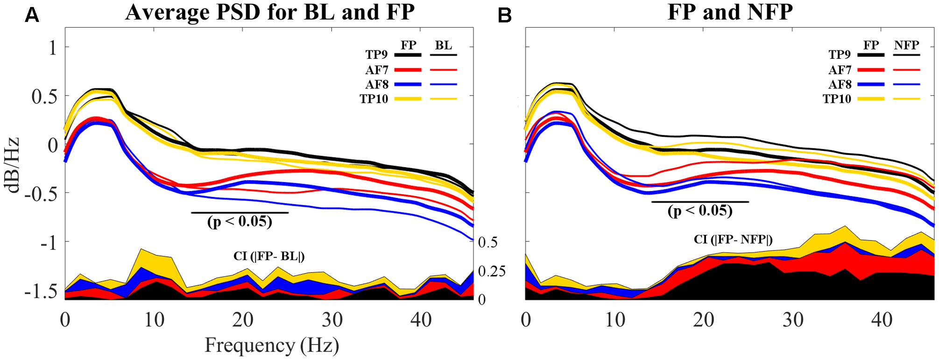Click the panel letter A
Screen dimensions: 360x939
pyautogui.click(x=32, y=15)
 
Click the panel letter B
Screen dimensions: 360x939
pyautogui.click(x=505, y=15)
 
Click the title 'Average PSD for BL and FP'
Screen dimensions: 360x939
pyautogui.click(x=269, y=12)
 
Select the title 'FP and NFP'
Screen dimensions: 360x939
pyautogui.click(x=730, y=12)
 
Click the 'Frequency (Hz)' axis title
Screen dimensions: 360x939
pyautogui.click(x=272, y=346)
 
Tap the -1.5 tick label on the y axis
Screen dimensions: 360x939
pyautogui.click(x=41, y=291)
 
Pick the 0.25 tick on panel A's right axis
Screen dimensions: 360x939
pyautogui.click(x=492, y=271)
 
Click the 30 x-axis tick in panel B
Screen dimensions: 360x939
pyautogui.click(x=793, y=320)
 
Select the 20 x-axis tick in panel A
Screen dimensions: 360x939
pyautogui.click(x=243, y=320)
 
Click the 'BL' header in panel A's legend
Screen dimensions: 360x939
pyautogui.click(x=443, y=45)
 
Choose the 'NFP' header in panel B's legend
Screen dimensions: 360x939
pyautogui.click(x=906, y=45)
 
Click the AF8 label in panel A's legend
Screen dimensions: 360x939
pyautogui.click(x=377, y=85)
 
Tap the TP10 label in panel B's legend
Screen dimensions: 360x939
pyautogui.click(x=837, y=99)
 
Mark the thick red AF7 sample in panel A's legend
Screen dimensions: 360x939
pyautogui.click(x=408, y=70)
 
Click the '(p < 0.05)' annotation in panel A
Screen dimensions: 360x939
pyautogui.click(x=240, y=221)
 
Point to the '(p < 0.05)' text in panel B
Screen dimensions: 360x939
pyautogui.click(x=700, y=211)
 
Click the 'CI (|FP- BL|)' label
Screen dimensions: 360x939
pyautogui.click(x=269, y=256)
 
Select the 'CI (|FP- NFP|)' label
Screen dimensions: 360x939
pyautogui.click(x=733, y=240)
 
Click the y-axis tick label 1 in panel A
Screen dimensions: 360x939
pyautogui.click(x=53, y=47)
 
